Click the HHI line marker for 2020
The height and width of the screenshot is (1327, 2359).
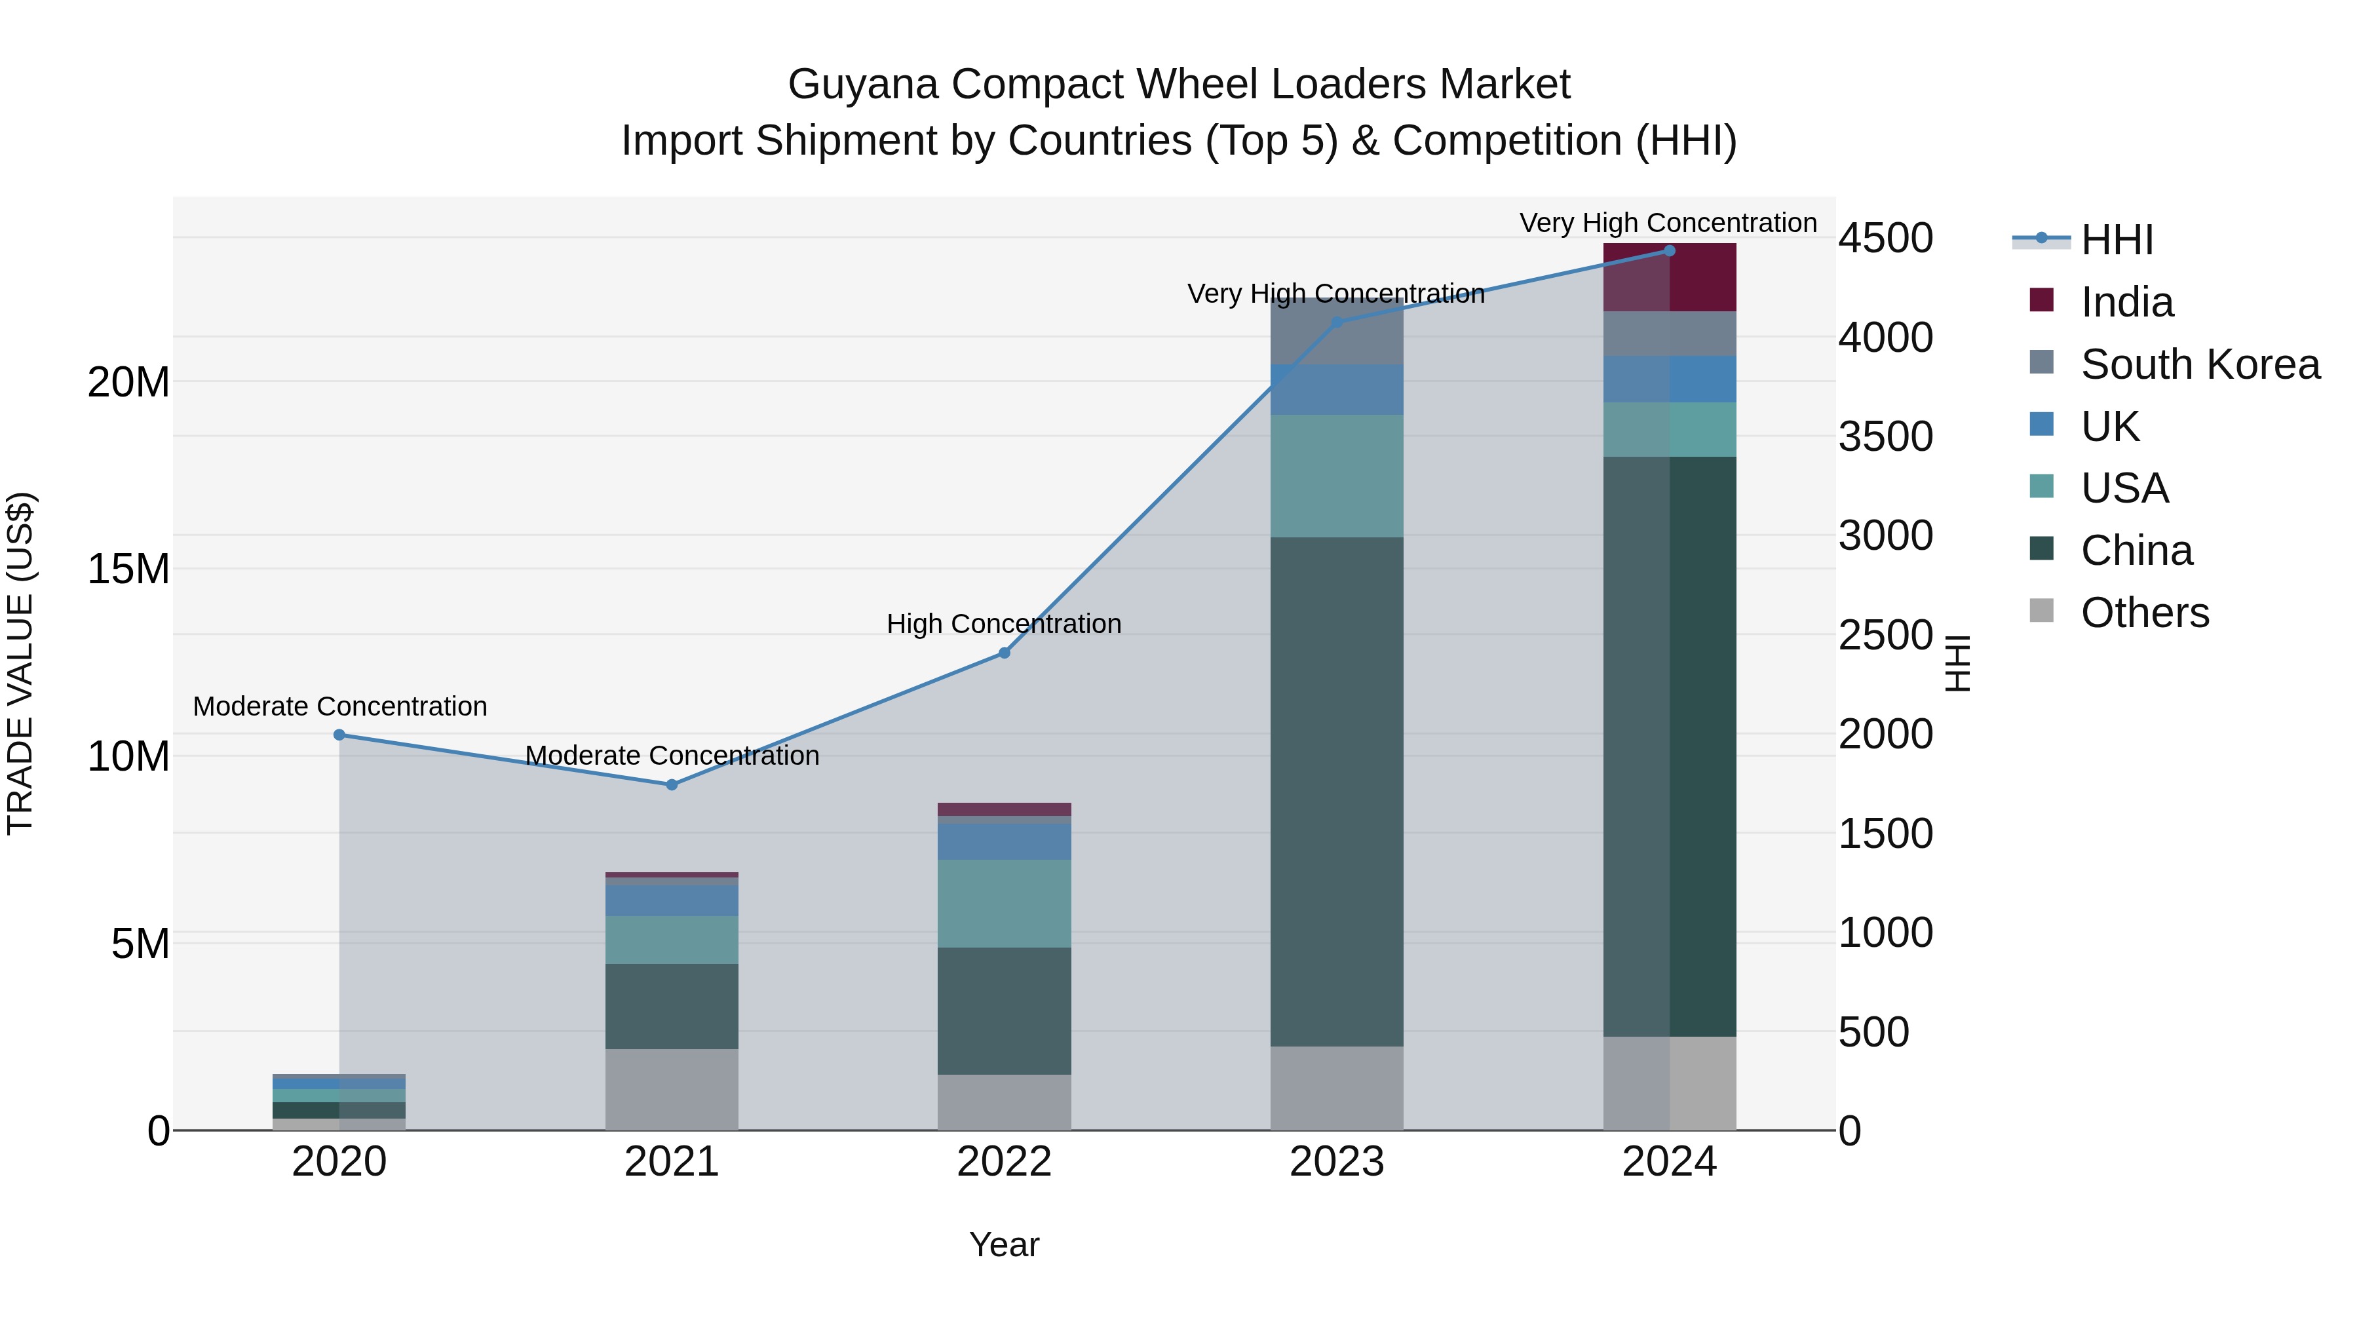[339, 735]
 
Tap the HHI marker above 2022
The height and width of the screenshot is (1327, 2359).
[1004, 653]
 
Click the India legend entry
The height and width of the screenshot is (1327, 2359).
[2126, 302]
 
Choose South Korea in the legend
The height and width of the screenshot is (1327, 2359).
[2200, 364]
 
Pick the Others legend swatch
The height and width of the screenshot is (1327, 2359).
[2041, 611]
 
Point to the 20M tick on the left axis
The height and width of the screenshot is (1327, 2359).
[128, 382]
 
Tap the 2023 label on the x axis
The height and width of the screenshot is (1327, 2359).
[1336, 1162]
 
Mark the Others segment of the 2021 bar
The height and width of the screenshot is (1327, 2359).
[671, 1089]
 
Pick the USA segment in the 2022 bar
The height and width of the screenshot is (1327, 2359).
[1004, 903]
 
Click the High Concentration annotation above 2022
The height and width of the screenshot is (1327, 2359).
[1004, 624]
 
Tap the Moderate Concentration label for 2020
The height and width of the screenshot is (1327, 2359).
[339, 706]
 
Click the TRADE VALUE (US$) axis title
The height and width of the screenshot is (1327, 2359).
[20, 663]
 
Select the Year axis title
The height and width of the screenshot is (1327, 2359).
[1004, 1244]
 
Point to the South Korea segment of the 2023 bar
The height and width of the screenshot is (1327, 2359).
[1336, 332]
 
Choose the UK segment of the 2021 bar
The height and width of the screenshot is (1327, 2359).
[671, 900]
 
